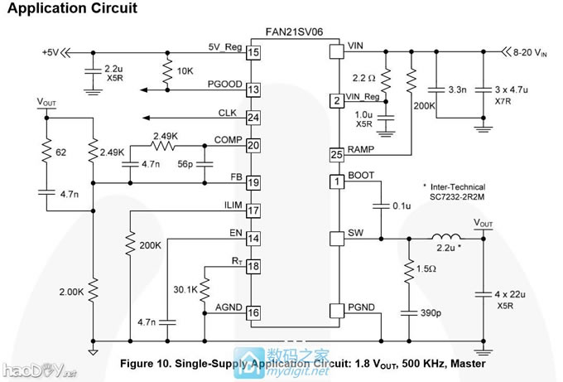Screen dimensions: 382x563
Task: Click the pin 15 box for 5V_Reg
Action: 253,52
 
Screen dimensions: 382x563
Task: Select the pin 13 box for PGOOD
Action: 253,89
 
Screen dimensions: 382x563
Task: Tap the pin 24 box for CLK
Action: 253,117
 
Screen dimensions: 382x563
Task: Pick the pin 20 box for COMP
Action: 253,145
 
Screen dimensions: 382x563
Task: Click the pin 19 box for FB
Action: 253,181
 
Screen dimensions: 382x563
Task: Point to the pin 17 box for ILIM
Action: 253,210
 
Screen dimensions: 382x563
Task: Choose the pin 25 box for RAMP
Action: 335,154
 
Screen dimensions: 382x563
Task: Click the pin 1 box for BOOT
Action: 335,181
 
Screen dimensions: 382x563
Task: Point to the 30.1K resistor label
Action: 185,289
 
